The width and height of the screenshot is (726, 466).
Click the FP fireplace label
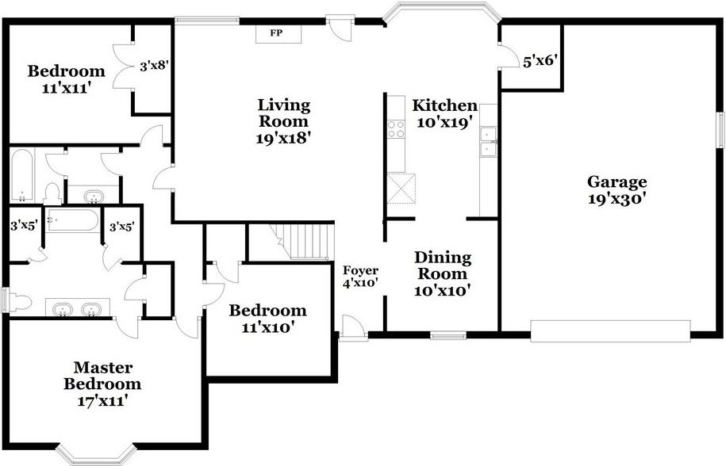tap(276, 32)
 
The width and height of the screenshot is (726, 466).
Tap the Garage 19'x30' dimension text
tap(617, 199)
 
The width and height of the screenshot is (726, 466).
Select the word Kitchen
tap(444, 105)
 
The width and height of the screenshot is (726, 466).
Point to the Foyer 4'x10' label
tap(360, 277)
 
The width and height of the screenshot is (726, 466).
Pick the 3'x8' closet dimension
tap(154, 67)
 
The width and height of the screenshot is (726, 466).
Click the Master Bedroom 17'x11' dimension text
tap(102, 400)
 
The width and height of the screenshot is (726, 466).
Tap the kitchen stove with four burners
tap(396, 129)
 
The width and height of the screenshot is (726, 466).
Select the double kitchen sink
tap(488, 141)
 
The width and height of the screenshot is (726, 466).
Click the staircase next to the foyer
tap(303, 241)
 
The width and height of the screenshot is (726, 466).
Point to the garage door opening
tap(610, 331)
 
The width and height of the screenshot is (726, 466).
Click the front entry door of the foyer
tap(352, 328)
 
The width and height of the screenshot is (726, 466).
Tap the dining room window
tap(448, 334)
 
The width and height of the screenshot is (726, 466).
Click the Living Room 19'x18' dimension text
tap(282, 138)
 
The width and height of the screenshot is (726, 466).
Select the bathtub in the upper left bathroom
tap(21, 176)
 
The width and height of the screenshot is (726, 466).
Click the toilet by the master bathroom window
tap(19, 303)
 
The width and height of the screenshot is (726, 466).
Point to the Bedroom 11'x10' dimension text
tap(268, 327)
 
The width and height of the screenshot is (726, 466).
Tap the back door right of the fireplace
tap(340, 29)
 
